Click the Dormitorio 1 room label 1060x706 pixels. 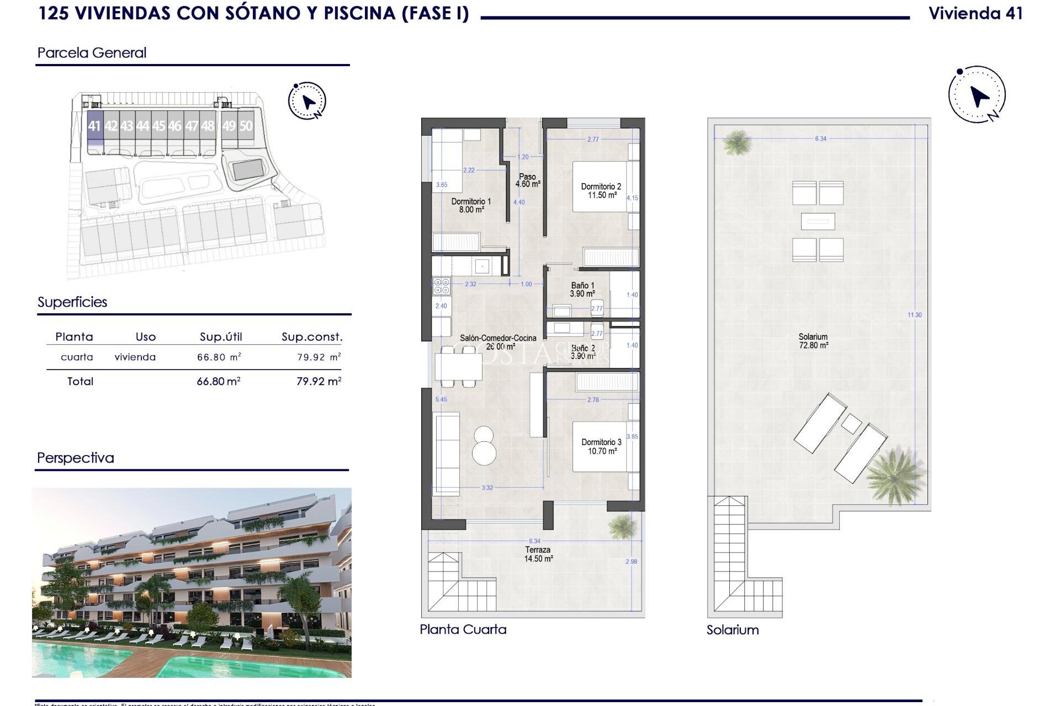point(471,205)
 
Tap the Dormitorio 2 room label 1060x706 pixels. point(601,191)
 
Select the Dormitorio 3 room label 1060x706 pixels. point(601,446)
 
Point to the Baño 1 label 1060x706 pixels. point(582,290)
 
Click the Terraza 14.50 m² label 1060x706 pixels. point(538,554)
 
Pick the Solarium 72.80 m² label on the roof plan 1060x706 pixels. point(813,341)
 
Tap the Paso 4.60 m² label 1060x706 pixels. point(527,180)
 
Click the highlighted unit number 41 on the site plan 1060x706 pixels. point(94,126)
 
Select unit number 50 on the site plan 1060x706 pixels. point(246,126)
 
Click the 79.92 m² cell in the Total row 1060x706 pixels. point(319,381)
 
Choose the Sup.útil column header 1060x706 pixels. point(221,337)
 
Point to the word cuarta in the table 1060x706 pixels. point(77,357)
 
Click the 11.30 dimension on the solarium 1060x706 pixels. point(914,315)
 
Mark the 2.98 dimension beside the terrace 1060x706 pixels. point(631,561)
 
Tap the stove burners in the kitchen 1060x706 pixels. point(442,286)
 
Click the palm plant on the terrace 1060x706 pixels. point(622,526)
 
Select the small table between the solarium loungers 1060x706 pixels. point(851,424)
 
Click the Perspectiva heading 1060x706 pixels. point(76,458)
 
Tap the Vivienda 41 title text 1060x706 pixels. point(976,14)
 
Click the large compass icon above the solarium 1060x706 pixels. point(977,95)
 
